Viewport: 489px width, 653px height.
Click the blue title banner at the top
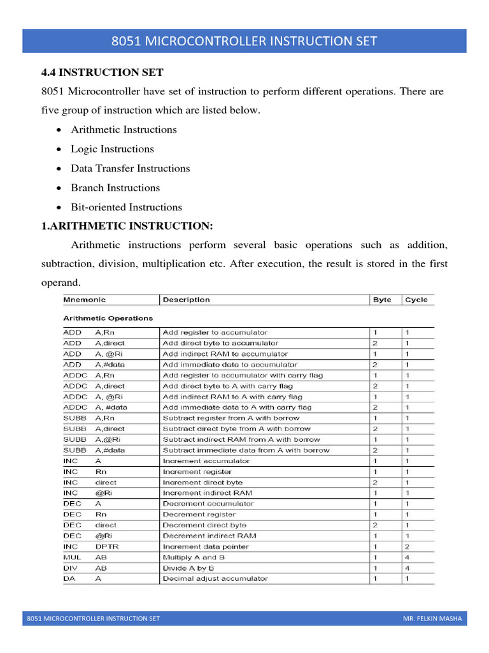click(244, 41)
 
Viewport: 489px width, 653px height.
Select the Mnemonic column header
click(84, 300)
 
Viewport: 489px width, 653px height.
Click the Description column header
click(186, 300)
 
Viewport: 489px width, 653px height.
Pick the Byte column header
click(382, 300)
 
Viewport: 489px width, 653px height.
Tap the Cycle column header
click(416, 300)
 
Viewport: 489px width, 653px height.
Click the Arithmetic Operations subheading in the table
click(108, 318)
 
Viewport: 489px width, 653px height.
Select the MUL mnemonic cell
click(70, 557)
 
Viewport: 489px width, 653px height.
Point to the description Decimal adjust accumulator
click(215, 578)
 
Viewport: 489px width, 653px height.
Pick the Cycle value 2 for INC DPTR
click(407, 547)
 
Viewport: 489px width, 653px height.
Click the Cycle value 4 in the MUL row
click(407, 557)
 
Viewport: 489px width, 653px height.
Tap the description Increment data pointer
click(206, 547)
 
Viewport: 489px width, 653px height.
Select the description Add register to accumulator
click(215, 332)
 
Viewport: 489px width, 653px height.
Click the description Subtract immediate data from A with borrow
click(246, 450)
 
